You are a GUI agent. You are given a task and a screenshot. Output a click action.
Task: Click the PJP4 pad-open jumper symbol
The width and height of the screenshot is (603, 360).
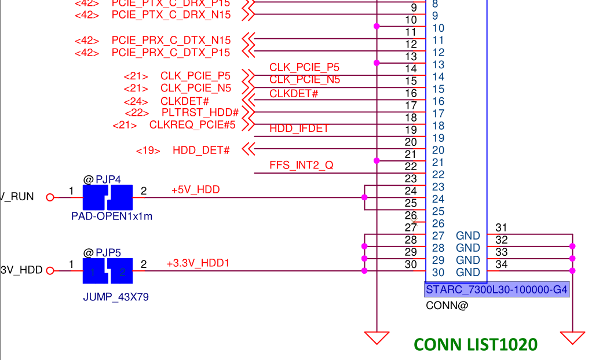(x=108, y=197)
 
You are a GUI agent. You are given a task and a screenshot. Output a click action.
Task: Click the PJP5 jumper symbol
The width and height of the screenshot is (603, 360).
(x=108, y=271)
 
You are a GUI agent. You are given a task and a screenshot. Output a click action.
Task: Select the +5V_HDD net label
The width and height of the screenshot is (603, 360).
(x=195, y=190)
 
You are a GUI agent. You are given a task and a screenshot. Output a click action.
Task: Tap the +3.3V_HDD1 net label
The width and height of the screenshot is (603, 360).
(x=198, y=263)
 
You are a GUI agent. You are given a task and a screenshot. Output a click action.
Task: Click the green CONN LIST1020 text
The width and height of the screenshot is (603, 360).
(x=476, y=344)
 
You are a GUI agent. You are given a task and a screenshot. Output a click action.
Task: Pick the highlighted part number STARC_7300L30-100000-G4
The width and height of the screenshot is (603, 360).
(x=496, y=289)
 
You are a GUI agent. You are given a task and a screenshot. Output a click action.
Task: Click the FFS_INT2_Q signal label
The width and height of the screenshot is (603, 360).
(x=301, y=166)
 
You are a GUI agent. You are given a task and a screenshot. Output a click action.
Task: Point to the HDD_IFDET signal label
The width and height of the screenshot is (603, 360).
(x=299, y=128)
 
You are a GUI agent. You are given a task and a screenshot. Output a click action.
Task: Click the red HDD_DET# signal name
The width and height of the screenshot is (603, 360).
(x=201, y=150)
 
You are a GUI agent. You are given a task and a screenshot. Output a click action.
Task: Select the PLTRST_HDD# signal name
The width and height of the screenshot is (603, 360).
(x=200, y=112)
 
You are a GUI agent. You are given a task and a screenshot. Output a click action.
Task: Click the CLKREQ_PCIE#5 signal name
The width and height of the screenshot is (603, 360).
(x=192, y=124)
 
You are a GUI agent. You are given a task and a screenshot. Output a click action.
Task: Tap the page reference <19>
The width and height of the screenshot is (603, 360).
(x=148, y=150)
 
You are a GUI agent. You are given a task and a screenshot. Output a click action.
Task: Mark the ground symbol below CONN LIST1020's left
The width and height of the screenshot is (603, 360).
(x=377, y=336)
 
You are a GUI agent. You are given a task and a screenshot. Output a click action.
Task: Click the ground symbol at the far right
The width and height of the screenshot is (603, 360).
(x=572, y=336)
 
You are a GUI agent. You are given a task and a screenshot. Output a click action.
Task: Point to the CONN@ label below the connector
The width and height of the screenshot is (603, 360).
(x=446, y=305)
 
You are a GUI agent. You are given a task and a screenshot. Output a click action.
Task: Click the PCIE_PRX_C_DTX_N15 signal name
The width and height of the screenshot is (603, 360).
(x=171, y=41)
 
